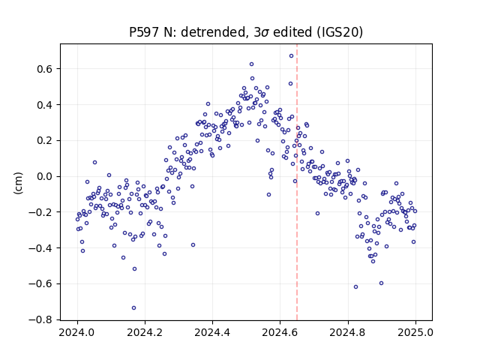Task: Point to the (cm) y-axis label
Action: coord(18,183)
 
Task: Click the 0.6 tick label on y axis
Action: coord(45,69)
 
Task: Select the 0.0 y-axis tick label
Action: coord(45,177)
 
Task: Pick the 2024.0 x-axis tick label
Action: coord(77,332)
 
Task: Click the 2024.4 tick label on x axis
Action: coord(212,332)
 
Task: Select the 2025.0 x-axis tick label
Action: coord(415,332)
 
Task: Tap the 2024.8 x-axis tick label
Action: coord(348,332)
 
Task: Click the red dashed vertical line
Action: coord(297,182)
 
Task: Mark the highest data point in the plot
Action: coord(292,55)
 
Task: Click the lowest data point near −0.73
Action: coord(133,308)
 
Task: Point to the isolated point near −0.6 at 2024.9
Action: coord(381,283)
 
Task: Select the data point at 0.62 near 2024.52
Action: coord(252,64)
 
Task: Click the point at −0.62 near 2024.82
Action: coord(355,286)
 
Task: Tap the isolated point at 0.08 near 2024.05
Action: coord(95,162)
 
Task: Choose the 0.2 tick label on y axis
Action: coord(45,141)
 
